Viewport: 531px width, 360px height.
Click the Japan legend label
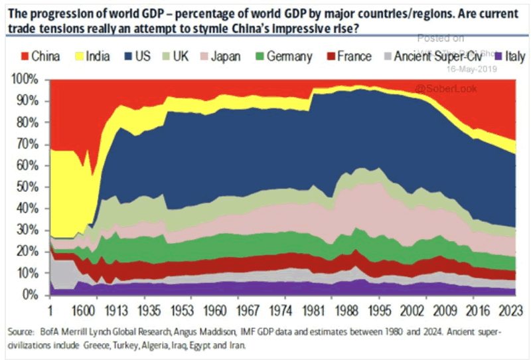click(x=226, y=56)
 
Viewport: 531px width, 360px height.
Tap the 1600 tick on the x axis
click(x=84, y=309)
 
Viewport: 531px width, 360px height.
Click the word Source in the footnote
click(x=21, y=331)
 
